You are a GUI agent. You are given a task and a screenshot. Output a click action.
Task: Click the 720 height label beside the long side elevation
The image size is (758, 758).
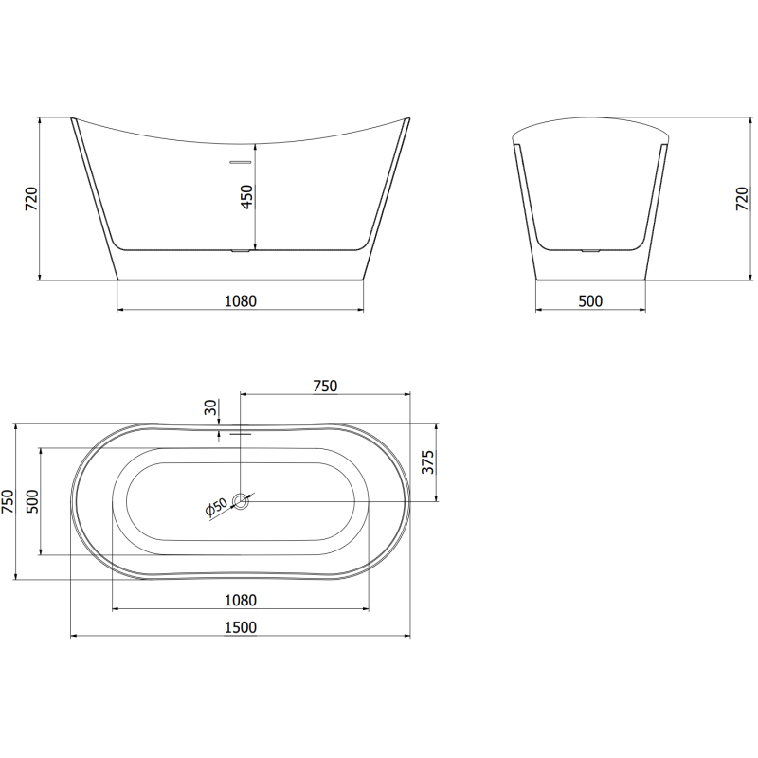30,199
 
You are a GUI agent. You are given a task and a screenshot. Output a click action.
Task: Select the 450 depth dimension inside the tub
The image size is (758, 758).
247,197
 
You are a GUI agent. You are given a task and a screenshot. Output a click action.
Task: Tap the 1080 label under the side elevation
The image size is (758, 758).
241,301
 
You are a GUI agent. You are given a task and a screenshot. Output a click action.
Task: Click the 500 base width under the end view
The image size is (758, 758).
590,301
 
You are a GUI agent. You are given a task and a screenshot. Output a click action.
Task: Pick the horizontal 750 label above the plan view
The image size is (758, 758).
325,385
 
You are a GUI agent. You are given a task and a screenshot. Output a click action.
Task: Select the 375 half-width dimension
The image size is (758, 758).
427,461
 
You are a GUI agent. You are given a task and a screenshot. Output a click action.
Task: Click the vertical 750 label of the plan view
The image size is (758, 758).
9,502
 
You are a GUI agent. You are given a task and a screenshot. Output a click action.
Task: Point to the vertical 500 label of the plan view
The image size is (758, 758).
31,502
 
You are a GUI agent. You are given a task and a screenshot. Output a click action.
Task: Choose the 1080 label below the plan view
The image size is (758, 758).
241,600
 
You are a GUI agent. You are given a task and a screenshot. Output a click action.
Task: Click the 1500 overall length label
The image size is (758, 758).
241,626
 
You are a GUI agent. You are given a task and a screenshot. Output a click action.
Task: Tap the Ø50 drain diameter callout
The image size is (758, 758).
217,509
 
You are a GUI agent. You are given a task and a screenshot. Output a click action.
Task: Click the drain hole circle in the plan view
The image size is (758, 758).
242,500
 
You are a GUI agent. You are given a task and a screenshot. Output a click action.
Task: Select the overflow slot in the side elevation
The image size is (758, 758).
240,161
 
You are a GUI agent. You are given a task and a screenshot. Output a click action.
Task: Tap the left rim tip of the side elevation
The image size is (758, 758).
74,120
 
